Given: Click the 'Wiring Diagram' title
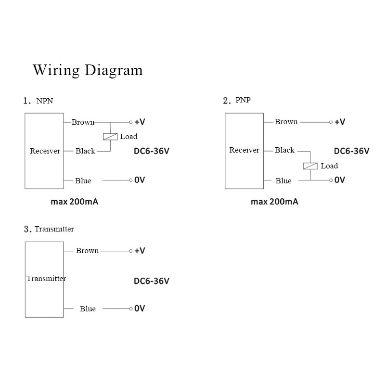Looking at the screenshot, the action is (x=88, y=70).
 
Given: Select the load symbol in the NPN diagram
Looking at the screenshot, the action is (x=110, y=137).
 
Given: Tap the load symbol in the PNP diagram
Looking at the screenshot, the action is (x=310, y=166).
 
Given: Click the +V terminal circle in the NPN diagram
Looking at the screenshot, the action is (x=130, y=122).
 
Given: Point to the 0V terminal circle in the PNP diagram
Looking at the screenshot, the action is (x=331, y=180).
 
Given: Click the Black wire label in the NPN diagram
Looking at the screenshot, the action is (x=85, y=151).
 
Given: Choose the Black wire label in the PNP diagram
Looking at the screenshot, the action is (x=284, y=150).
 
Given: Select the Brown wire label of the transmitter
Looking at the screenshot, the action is (x=87, y=250).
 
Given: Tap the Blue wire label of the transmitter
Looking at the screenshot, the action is (x=88, y=308).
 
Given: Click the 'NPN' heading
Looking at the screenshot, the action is (x=45, y=101).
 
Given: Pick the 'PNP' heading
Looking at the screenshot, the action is (x=243, y=100).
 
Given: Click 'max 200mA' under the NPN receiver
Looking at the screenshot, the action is (x=75, y=202).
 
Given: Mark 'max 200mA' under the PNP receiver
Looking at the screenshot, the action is (x=274, y=202).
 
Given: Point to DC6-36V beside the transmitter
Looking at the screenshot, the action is (x=152, y=281).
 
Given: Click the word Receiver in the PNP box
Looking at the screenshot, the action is (x=244, y=150).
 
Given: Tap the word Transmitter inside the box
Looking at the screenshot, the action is (x=46, y=279).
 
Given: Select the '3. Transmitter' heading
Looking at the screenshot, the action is (x=49, y=229).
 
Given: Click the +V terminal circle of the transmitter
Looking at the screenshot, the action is (x=130, y=251).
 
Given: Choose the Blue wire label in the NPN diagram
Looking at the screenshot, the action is (x=83, y=181).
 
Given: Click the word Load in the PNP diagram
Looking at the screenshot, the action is (x=329, y=166).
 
